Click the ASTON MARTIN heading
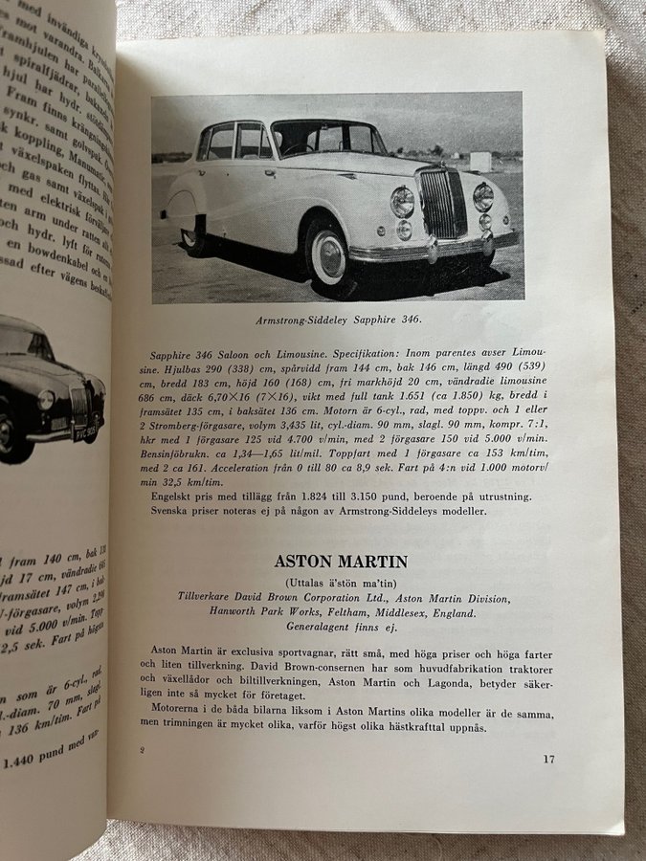pos(340,562)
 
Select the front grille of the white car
pos(442,205)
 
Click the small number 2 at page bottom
pos(142,750)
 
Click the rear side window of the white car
pos(220,143)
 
